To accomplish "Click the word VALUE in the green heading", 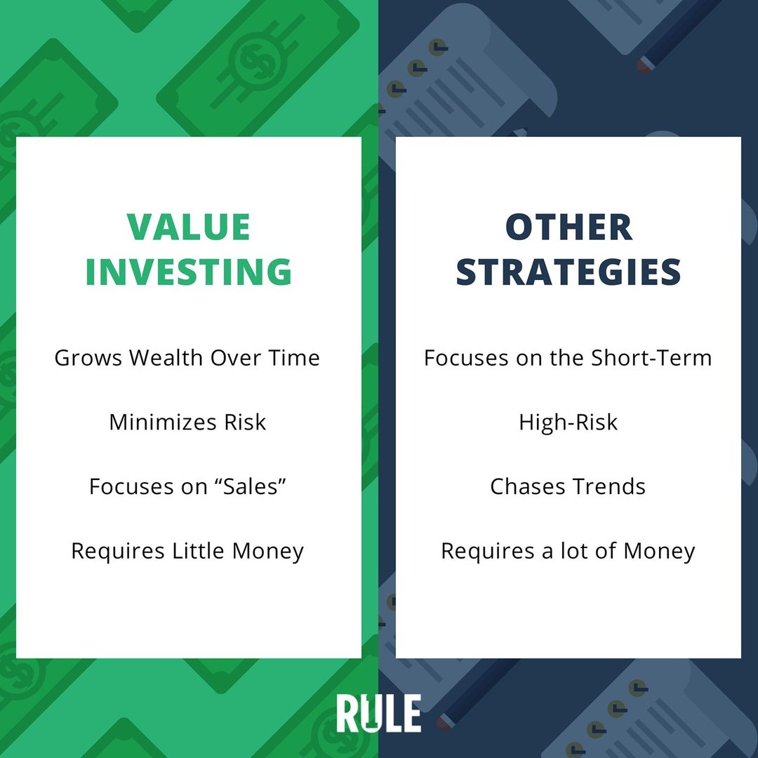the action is click(x=189, y=227).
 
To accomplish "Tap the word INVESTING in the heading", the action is click(x=189, y=271).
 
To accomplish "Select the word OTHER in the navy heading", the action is click(x=568, y=227).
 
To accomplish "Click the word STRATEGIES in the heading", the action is click(x=568, y=271).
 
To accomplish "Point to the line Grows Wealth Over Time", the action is click(x=187, y=358).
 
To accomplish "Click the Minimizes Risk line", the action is click(x=187, y=422).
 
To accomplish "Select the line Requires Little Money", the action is click(x=187, y=552).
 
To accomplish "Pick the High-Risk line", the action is click(x=568, y=423).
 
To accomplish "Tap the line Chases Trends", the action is click(x=568, y=486).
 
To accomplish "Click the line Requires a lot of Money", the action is click(x=568, y=552).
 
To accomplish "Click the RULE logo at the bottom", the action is click(x=378, y=713).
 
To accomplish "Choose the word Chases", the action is click(x=527, y=486).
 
